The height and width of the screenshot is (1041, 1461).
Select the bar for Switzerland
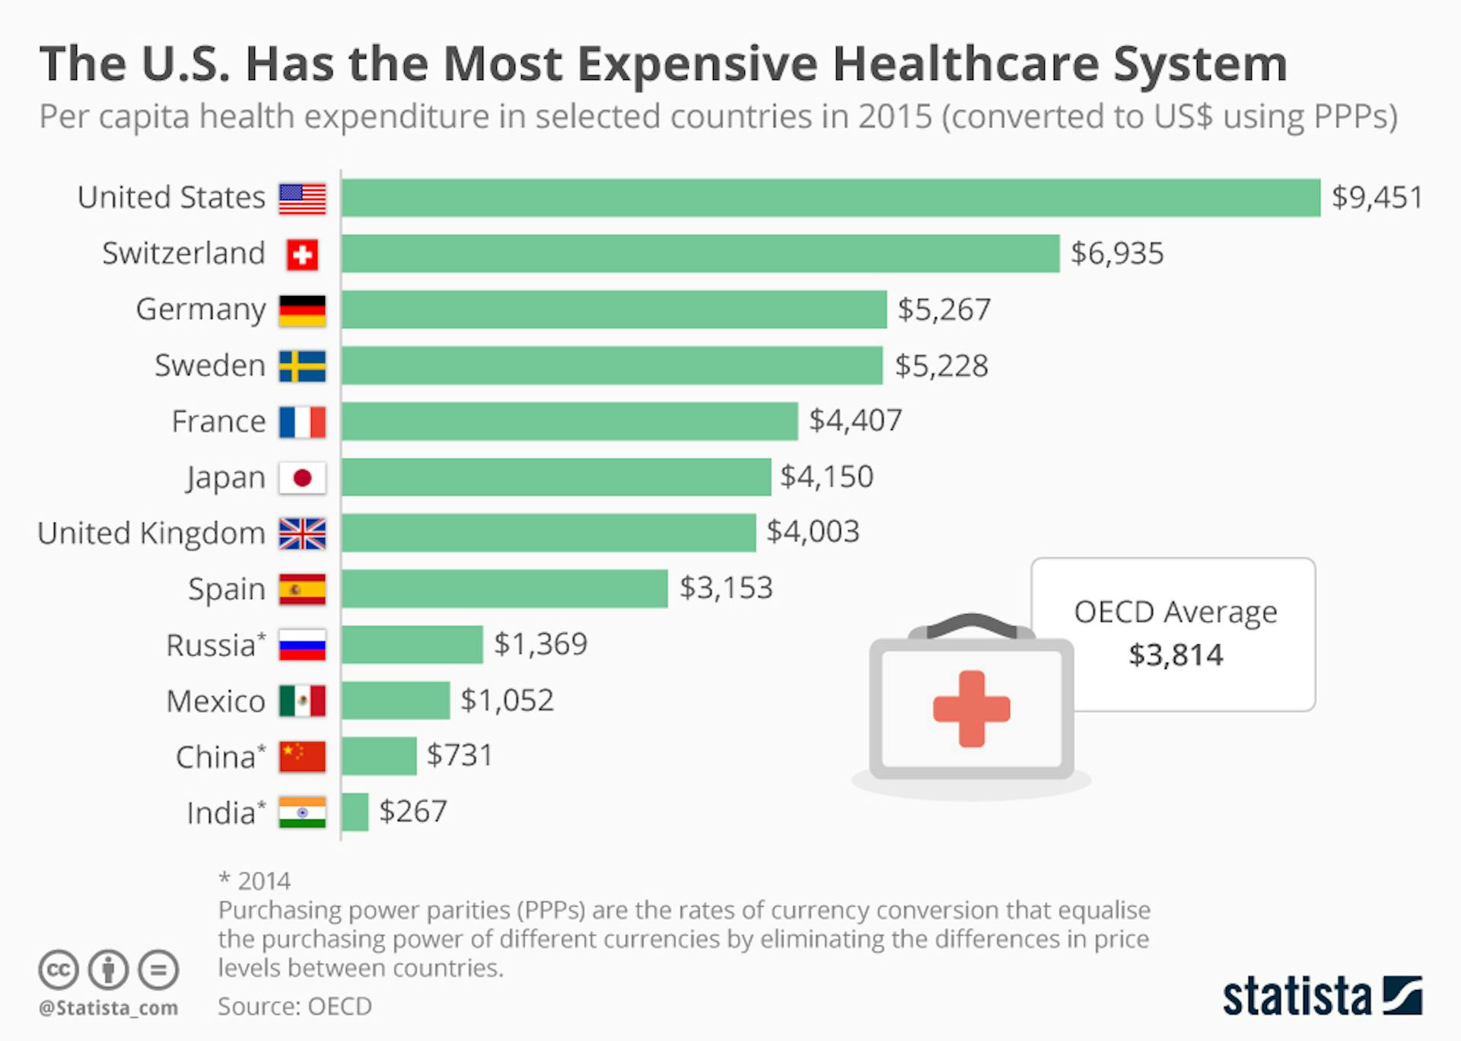pyautogui.click(x=700, y=253)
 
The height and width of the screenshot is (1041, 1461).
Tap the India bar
pyautogui.click(x=355, y=812)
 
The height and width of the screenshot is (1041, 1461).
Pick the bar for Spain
pyautogui.click(x=505, y=588)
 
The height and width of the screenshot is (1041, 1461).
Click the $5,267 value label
pyautogui.click(x=944, y=310)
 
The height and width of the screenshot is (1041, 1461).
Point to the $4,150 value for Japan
pyautogui.click(x=826, y=477)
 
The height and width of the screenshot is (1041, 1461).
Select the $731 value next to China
pyautogui.click(x=460, y=756)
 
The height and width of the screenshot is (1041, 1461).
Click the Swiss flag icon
pyautogui.click(x=302, y=255)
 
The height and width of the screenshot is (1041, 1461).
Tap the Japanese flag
pyautogui.click(x=302, y=478)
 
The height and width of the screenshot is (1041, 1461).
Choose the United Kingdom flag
pyautogui.click(x=302, y=533)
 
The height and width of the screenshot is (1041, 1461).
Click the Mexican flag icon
pyautogui.click(x=302, y=701)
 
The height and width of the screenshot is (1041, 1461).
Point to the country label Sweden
pyautogui.click(x=210, y=366)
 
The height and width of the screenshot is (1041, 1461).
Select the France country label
pyautogui.click(x=218, y=422)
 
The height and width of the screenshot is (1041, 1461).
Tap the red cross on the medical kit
pyautogui.click(x=972, y=708)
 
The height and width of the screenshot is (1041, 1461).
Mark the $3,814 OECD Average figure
pyautogui.click(x=1176, y=655)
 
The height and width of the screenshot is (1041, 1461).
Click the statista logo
pyautogui.click(x=1322, y=996)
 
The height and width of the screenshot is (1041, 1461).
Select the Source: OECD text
pyautogui.click(x=294, y=1006)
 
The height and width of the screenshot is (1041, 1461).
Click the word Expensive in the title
pyautogui.click(x=698, y=64)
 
